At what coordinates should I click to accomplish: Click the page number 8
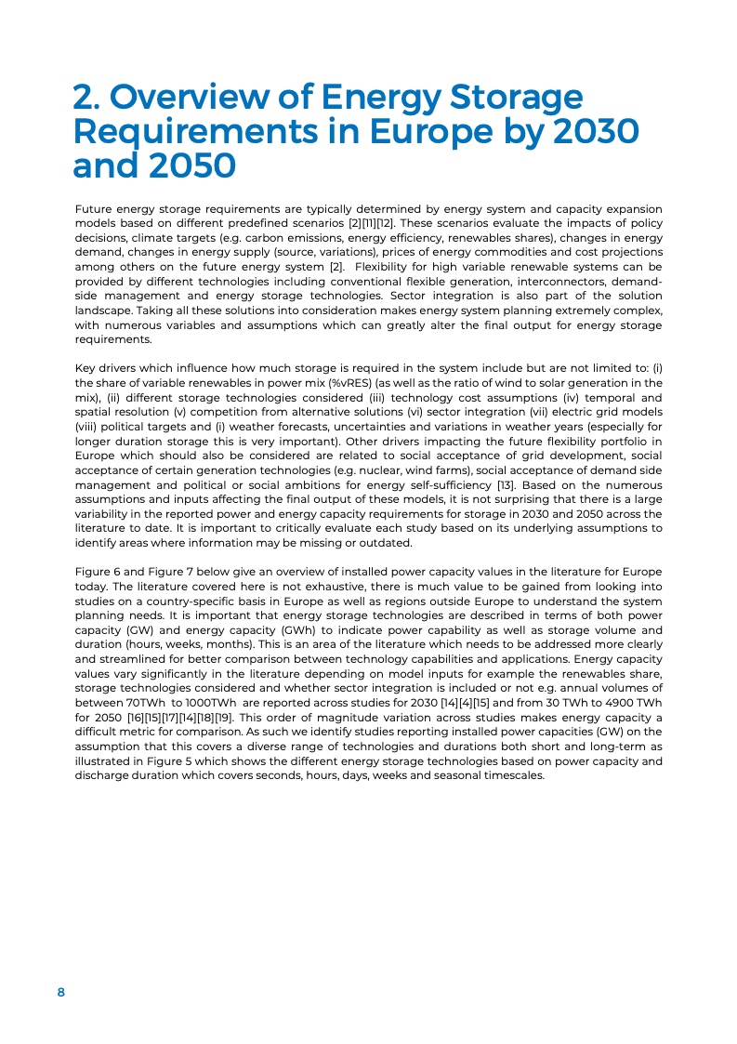[61, 992]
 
